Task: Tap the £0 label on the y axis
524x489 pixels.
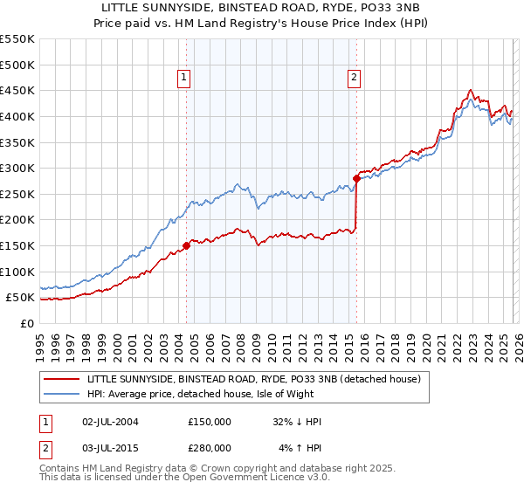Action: click(x=26, y=323)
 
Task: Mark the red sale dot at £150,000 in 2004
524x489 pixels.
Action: click(x=186, y=246)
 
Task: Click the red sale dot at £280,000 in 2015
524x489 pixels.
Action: click(x=356, y=179)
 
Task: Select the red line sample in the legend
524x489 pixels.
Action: click(x=62, y=379)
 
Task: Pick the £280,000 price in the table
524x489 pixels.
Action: click(x=210, y=447)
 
